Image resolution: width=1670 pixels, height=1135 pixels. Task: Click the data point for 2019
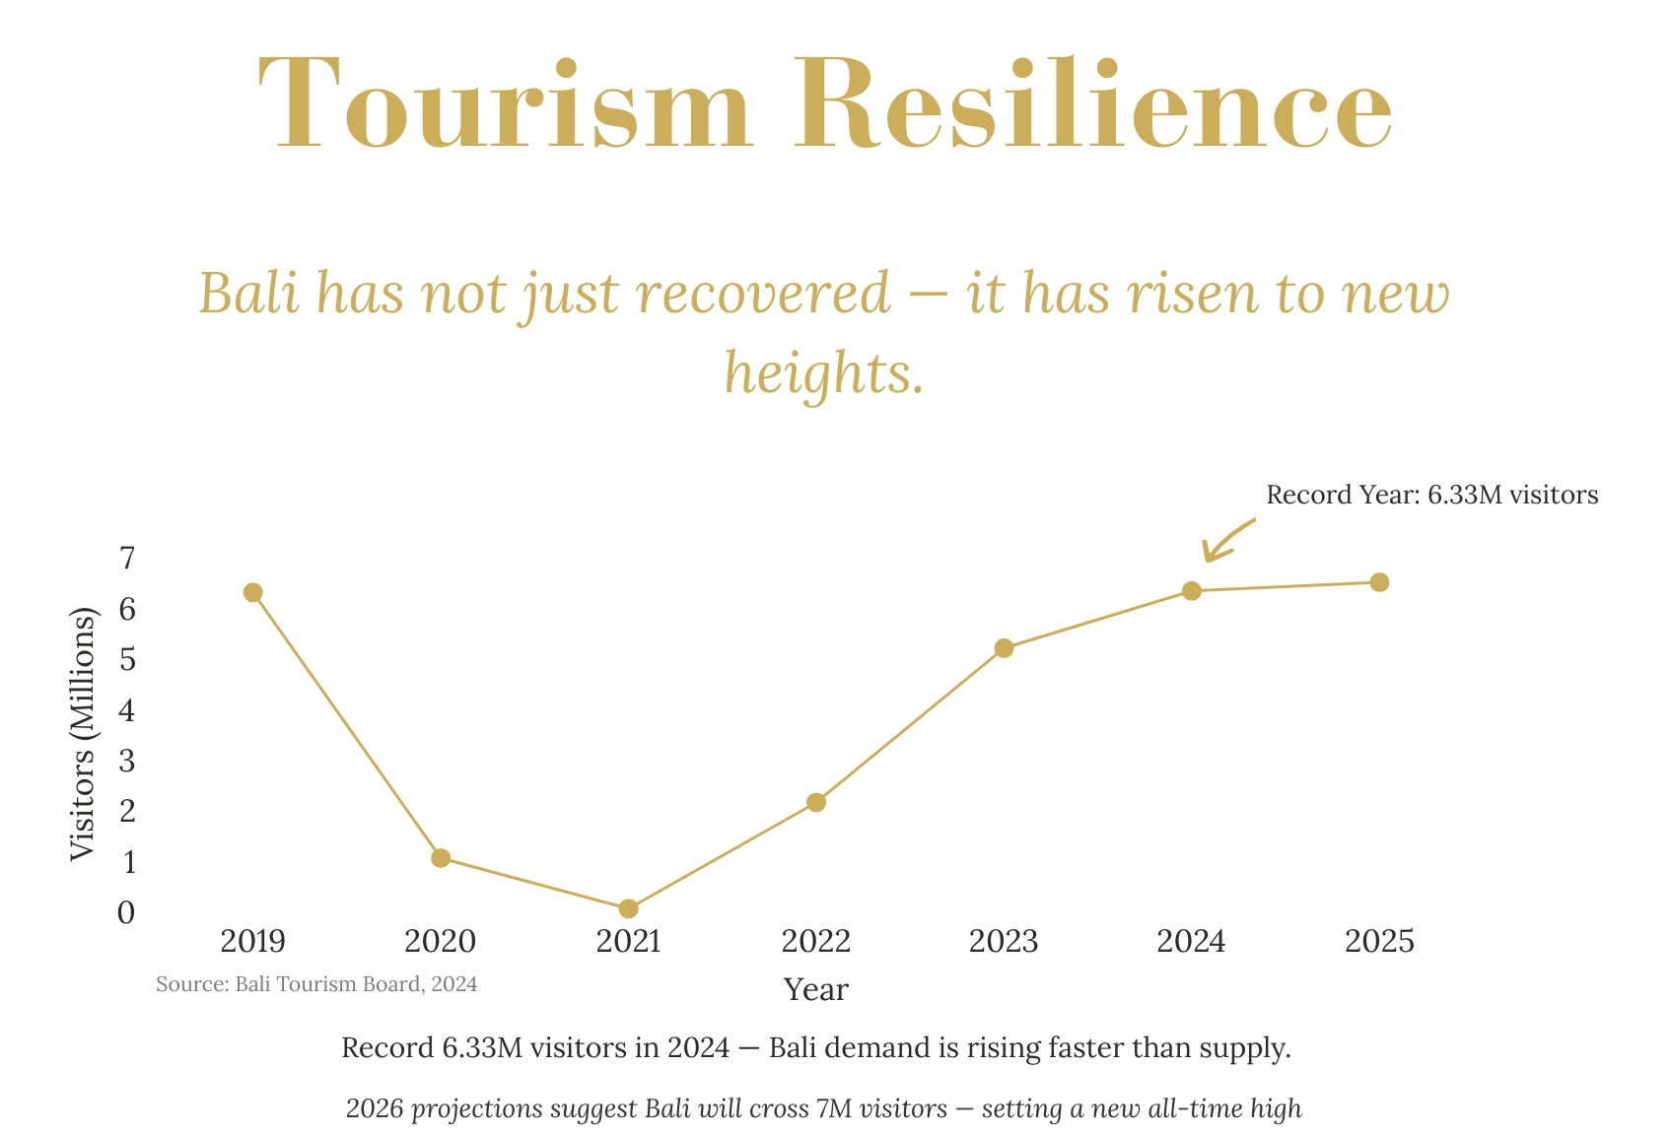(252, 592)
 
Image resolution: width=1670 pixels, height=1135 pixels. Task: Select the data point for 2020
(441, 858)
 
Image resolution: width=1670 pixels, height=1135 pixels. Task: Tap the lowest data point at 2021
(628, 908)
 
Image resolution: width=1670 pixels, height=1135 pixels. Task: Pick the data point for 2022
(816, 802)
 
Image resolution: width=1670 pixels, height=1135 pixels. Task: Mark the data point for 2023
(1004, 648)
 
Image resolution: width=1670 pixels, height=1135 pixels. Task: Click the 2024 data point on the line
(1191, 591)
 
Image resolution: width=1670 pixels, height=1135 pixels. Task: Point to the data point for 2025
(1379, 582)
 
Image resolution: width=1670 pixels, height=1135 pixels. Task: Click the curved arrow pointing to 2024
(1225, 540)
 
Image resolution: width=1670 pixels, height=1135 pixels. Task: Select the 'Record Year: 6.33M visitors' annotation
(1431, 495)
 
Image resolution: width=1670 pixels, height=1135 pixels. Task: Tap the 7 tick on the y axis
(126, 559)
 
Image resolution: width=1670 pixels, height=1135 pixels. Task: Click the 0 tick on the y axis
(126, 912)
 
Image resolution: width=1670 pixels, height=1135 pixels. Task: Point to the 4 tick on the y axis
(126, 710)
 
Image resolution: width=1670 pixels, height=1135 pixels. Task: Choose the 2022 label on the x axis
(816, 942)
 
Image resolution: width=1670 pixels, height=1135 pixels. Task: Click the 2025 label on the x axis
(1379, 942)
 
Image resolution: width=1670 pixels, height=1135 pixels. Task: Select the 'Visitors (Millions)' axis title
(84, 735)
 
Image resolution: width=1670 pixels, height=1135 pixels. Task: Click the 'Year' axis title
(816, 989)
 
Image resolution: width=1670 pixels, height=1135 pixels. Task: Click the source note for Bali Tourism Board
(316, 984)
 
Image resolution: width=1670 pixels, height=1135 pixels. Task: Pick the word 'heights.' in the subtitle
(824, 373)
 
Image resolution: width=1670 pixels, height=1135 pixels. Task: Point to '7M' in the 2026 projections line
(836, 1109)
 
